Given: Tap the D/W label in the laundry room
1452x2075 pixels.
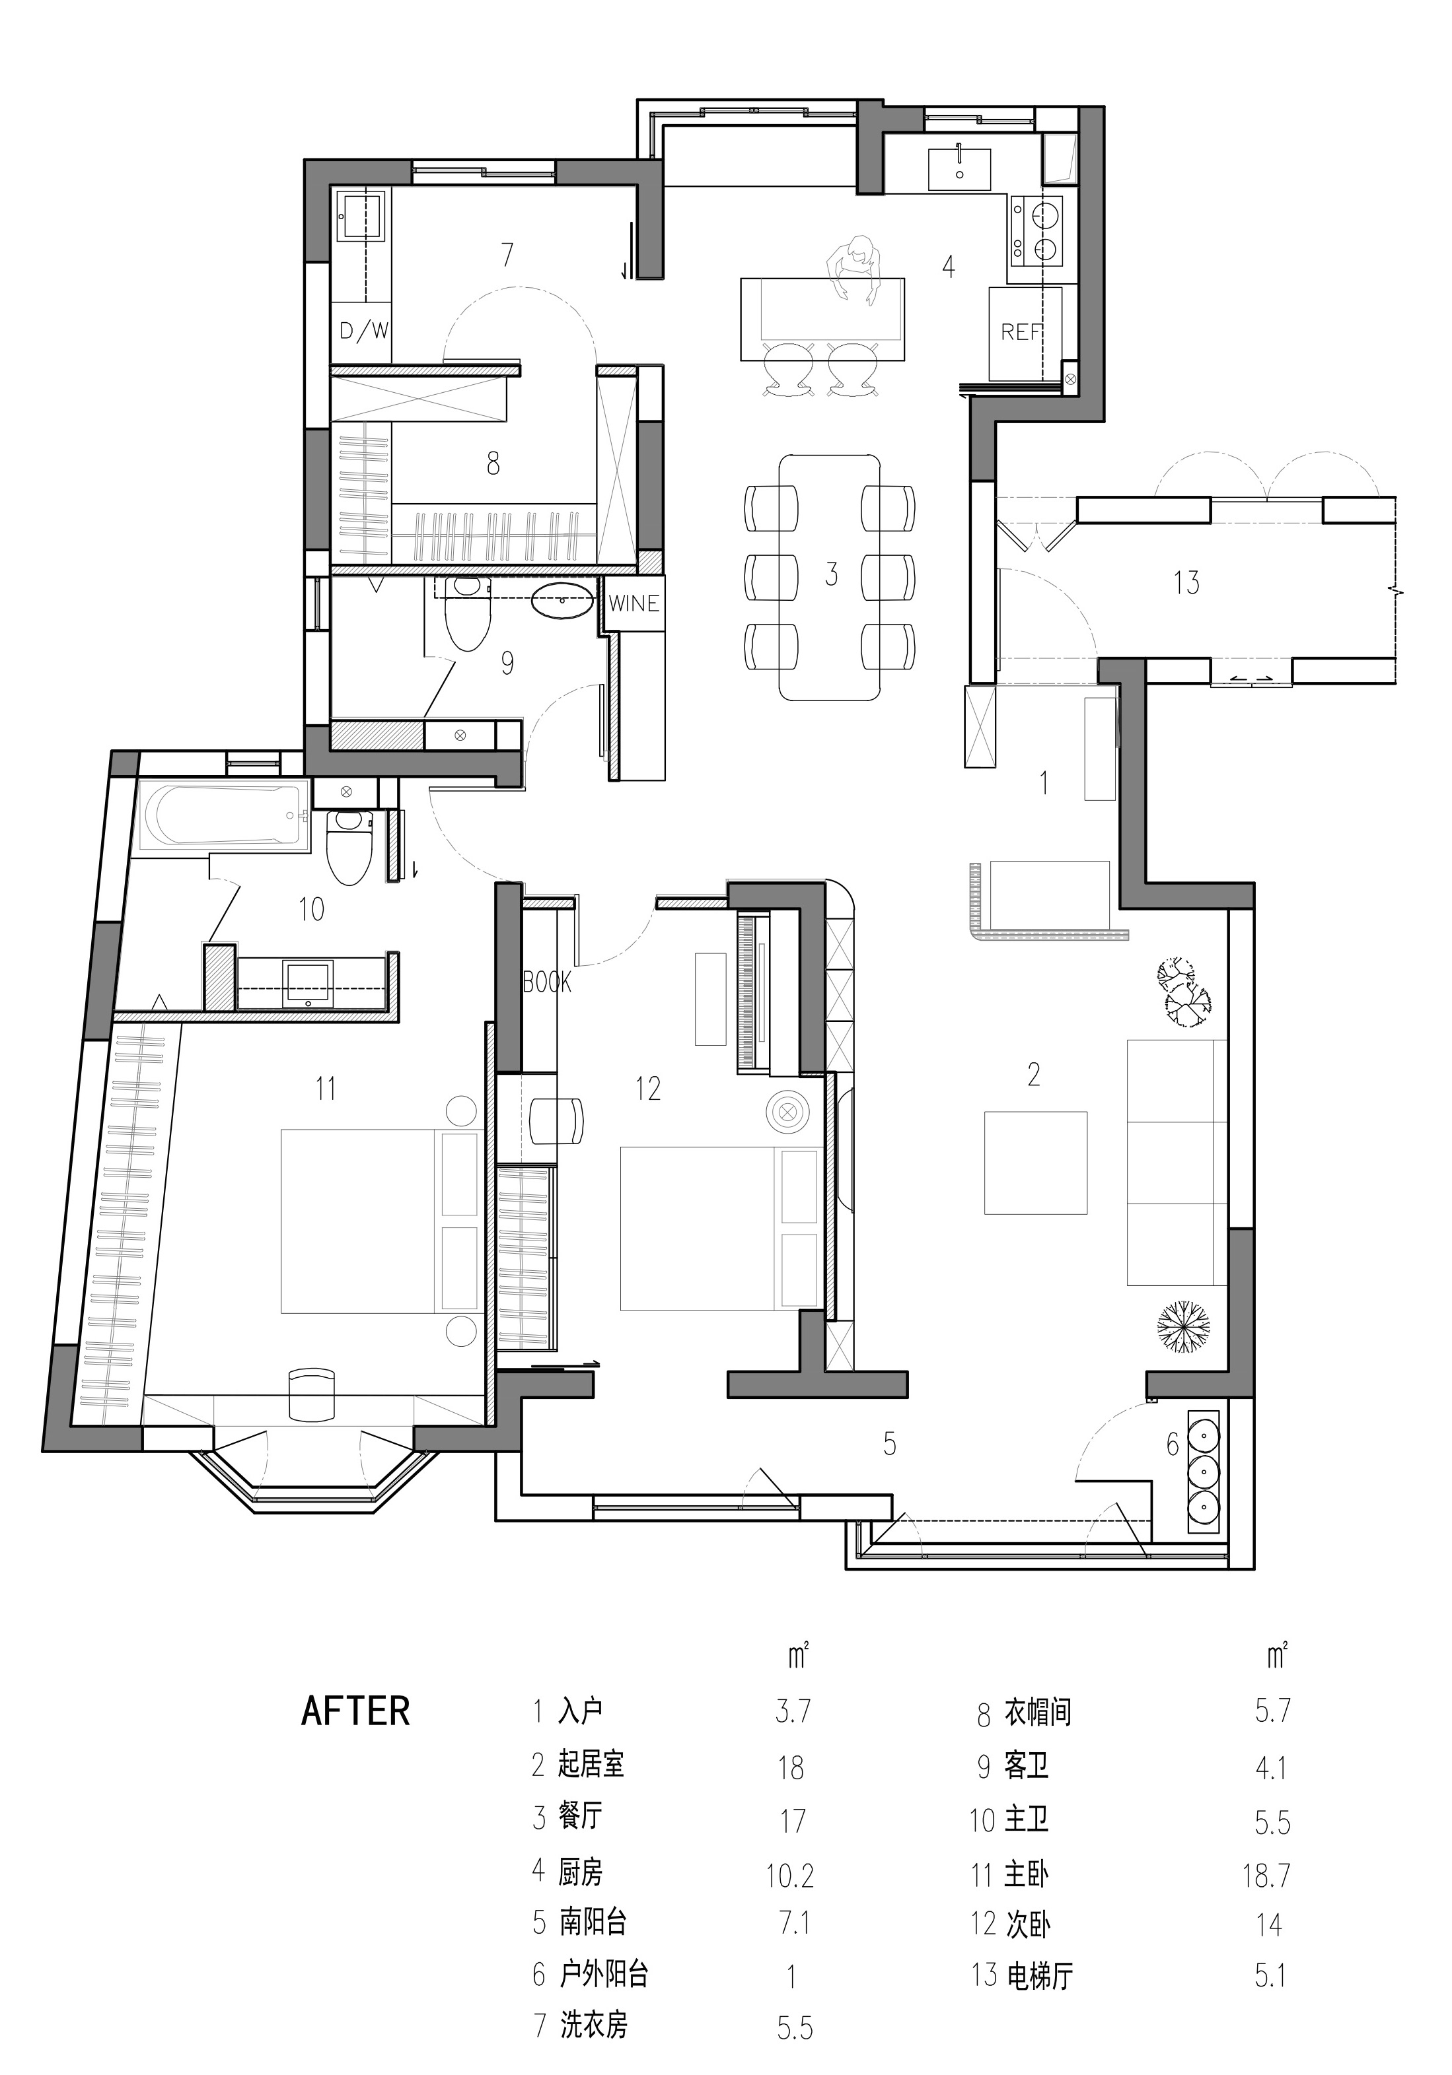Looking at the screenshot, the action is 363,331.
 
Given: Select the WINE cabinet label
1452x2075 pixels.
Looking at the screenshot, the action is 634,603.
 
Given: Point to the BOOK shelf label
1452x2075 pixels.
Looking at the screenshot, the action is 548,982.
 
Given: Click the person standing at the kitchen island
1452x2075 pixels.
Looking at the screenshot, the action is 854,269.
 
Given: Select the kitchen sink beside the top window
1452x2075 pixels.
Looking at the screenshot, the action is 959,169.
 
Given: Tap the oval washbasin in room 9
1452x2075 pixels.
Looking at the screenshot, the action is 562,600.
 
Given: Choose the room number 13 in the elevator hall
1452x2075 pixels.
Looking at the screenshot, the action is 1186,582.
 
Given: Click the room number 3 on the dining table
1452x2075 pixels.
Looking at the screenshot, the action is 831,574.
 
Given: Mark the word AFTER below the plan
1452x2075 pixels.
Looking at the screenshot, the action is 355,1711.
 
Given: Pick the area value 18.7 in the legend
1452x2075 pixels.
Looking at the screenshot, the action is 1266,1876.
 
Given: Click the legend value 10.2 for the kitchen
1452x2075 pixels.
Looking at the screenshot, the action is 790,1876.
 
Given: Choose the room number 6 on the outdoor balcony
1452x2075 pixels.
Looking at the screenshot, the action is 1173,1445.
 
